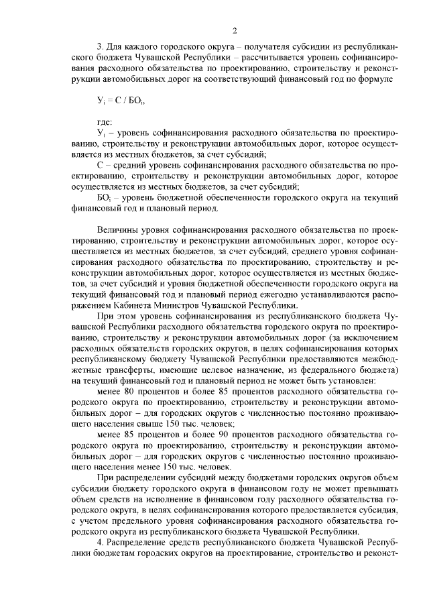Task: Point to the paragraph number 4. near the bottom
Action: pos(101,543)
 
